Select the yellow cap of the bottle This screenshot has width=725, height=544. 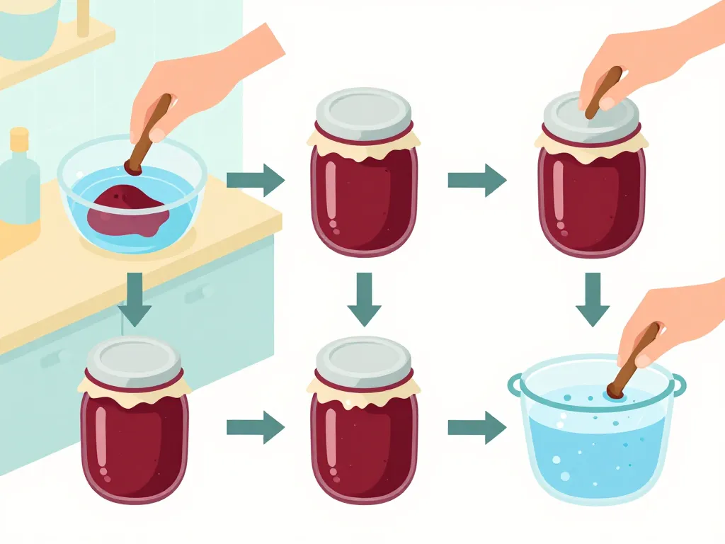tap(19, 135)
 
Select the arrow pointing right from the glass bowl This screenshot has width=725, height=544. tap(255, 180)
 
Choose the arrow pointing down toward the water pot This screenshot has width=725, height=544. tap(593, 298)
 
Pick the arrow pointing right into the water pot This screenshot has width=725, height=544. tap(476, 427)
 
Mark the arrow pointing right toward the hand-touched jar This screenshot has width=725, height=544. tap(476, 180)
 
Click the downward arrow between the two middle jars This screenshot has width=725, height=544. tap(364, 298)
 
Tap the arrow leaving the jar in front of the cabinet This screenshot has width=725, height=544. tap(255, 427)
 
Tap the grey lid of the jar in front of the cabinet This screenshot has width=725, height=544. tap(135, 357)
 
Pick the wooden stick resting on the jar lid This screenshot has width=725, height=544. tap(604, 89)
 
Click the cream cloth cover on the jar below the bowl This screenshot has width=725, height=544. tap(135, 386)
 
